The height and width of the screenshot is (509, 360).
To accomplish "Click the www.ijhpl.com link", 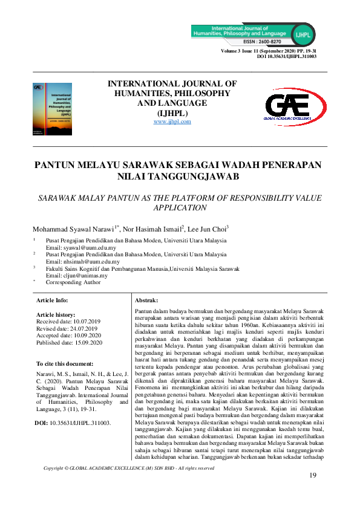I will tap(172, 122).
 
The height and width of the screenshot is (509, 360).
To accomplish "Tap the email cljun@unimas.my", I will tap(80, 276).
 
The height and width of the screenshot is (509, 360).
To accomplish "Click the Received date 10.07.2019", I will tap(70, 322).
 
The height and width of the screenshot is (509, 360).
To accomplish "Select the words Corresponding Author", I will tap(73, 282).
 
